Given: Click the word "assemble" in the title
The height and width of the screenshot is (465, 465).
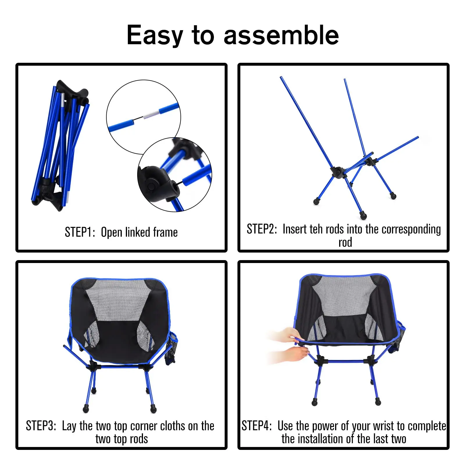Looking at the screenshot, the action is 281,35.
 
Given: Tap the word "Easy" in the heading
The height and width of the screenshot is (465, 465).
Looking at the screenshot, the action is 155,36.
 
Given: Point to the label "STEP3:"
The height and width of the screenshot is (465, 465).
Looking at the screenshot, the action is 41,426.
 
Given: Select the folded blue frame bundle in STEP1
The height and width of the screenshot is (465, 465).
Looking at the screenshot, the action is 60,145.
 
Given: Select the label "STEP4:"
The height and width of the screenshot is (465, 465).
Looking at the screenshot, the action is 257,426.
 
